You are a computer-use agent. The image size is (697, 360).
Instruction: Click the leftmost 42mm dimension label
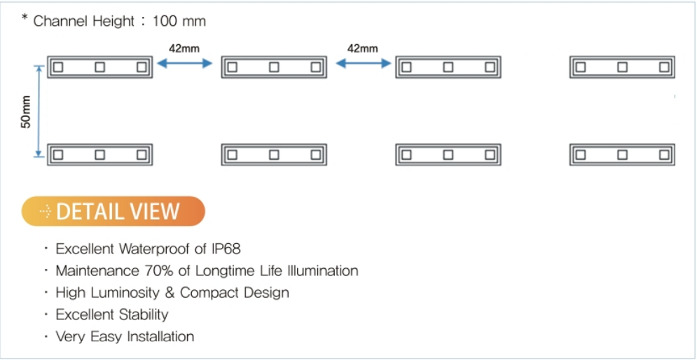pos(184,48)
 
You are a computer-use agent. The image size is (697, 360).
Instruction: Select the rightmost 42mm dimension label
pos(363,48)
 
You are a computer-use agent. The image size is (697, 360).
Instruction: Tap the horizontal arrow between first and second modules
pos(184,64)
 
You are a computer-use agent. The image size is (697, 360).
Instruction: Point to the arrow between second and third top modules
pos(363,64)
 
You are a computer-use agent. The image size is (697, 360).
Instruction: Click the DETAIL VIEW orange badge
pos(113,211)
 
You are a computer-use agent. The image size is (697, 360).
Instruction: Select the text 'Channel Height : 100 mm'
pos(120,21)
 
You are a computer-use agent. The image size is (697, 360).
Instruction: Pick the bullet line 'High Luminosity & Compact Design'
pos(172,292)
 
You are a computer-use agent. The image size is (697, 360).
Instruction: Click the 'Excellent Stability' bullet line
pos(111,314)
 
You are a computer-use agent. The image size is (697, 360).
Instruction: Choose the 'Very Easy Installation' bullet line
pos(124,336)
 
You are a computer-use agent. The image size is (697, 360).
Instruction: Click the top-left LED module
pos(99,67)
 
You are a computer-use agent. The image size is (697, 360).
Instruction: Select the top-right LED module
pos(622,67)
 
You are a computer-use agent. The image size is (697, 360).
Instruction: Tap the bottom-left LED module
pos(99,155)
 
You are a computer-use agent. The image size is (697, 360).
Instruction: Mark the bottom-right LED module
pos(622,155)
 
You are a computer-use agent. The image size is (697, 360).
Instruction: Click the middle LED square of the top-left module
pos(99,67)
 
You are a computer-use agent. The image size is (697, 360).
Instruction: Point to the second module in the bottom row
pos(274,155)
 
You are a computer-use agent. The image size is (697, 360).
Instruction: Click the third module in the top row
pos(448,67)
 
